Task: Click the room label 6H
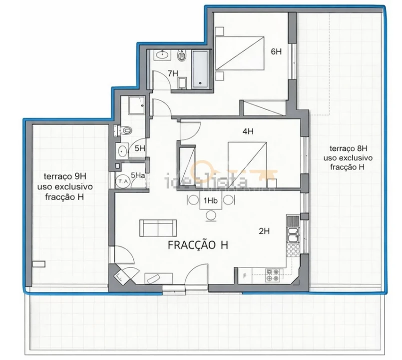click(x=276, y=51)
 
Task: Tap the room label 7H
click(x=173, y=73)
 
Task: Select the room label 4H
click(x=248, y=131)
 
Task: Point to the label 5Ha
click(x=138, y=175)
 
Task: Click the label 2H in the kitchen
click(x=264, y=231)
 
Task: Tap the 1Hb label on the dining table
click(x=210, y=201)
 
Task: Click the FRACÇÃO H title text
click(x=198, y=245)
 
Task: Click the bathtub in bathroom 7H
click(x=202, y=69)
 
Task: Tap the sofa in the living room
click(x=157, y=228)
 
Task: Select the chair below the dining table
click(x=211, y=215)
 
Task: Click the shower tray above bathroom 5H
click(x=136, y=105)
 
